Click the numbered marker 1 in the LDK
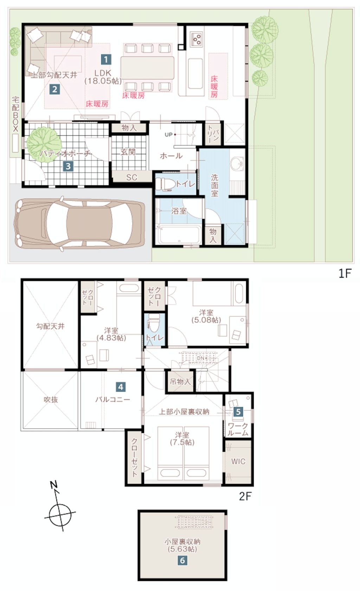click(106, 60)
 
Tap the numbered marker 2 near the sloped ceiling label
click(54, 90)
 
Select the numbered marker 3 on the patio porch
click(68, 167)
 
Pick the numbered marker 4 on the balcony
click(121, 387)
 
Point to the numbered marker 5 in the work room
click(238, 411)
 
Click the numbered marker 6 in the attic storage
click(182, 560)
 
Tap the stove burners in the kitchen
click(197, 39)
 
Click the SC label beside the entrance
click(132, 177)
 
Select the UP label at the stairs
click(168, 135)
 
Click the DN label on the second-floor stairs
click(201, 358)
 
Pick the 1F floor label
click(345, 274)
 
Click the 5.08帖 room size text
click(206, 320)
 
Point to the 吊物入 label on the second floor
click(180, 382)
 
